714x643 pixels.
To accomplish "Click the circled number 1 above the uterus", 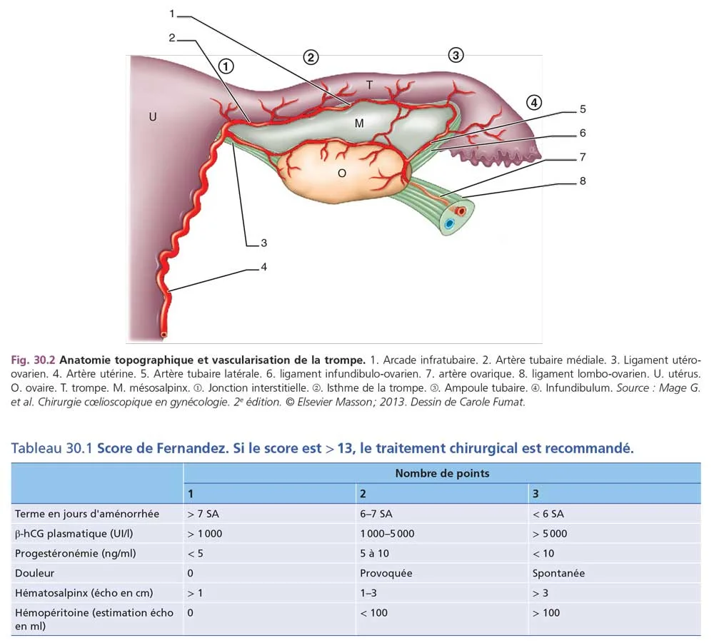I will tap(226, 66).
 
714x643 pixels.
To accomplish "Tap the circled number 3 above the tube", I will tap(456, 54).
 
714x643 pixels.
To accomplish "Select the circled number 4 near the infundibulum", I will tap(534, 102).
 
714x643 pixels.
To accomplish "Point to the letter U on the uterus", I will tap(152, 116).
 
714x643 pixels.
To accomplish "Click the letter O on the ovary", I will tap(342, 172).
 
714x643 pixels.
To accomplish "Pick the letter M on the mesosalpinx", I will tap(359, 123).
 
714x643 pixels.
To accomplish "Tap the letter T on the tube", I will tap(369, 85).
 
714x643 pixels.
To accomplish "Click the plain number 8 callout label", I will tap(583, 181).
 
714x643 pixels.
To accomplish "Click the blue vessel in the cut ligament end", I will tap(448, 223).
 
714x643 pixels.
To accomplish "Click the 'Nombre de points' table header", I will tap(442, 473).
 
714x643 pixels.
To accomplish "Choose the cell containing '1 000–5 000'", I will tap(387, 533).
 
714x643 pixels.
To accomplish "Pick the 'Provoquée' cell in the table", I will tap(386, 573).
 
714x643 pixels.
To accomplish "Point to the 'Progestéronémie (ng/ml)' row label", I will tap(75, 553).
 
